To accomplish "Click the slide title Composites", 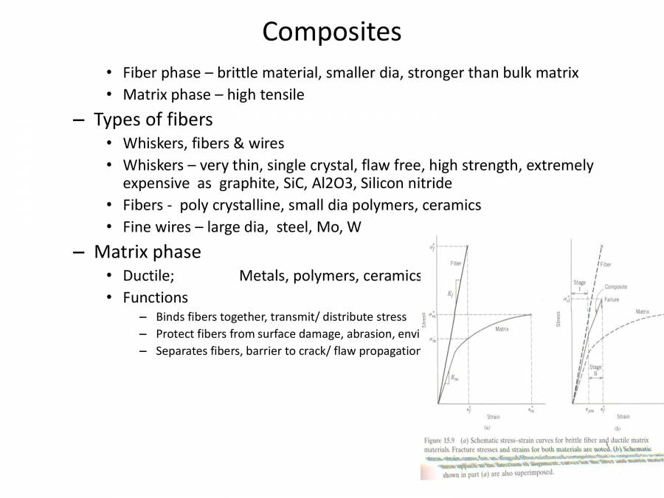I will pos(331,31).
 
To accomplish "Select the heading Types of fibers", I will pos(153,119).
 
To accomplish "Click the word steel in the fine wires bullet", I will pos(294,227).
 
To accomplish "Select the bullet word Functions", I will pos(155,298).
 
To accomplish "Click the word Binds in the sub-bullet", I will pos(171,317).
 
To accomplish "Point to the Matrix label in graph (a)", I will pos(502,328).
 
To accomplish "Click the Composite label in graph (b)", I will pos(616,287).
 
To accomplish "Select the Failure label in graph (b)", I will pos(612,300).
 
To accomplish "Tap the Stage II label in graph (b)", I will pos(595,370).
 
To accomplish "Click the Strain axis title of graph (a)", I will pos(493,417).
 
